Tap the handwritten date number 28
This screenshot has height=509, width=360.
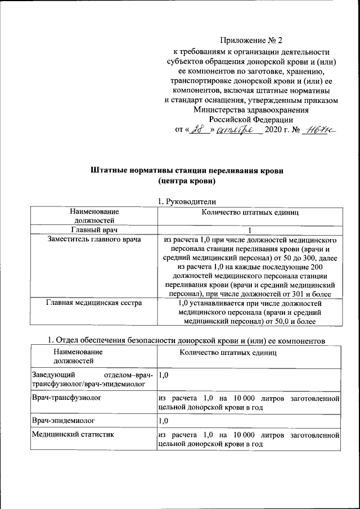click(196, 131)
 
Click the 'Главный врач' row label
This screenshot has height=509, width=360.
click(94, 229)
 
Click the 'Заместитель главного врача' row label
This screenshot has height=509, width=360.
click(94, 240)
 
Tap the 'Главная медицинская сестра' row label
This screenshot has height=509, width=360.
click(94, 303)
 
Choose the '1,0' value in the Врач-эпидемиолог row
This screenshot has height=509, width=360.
click(164, 420)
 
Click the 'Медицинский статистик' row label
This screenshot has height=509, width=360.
click(65, 435)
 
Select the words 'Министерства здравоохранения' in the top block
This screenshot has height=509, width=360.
click(251, 110)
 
